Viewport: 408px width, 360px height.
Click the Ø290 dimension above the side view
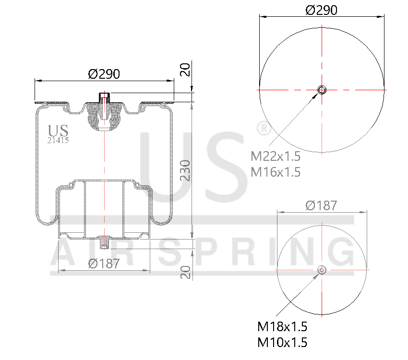[x=104, y=74]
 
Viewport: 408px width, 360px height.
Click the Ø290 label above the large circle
[x=321, y=10]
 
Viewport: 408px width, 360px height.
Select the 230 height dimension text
[x=186, y=170]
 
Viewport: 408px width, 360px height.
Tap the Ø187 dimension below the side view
[x=104, y=264]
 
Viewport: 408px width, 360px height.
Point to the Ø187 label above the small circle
[x=321, y=205]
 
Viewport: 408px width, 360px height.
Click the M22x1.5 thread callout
[x=276, y=156]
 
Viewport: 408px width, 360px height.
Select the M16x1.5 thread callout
[x=276, y=172]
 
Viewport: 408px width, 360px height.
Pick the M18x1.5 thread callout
[x=282, y=327]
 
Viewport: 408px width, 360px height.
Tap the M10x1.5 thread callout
[x=282, y=343]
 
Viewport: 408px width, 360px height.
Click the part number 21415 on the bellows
[x=58, y=140]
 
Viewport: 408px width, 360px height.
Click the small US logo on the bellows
[x=59, y=131]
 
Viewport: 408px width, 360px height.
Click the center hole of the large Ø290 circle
[x=322, y=89]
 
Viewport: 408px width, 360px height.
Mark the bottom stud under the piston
[x=104, y=243]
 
